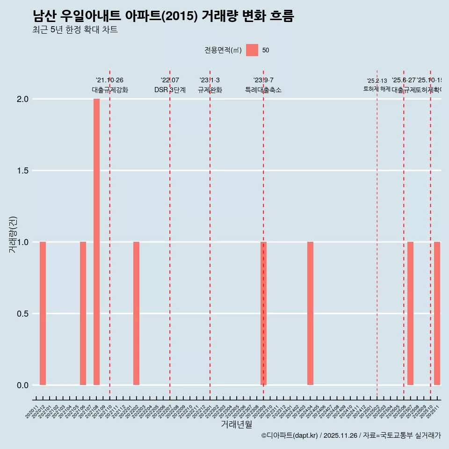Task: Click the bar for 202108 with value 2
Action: pos(96,242)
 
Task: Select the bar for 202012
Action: pos(43,313)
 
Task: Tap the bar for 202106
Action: pos(83,313)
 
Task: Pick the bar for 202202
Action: pos(136,313)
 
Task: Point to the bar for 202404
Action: pos(310,313)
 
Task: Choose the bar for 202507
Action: pos(410,313)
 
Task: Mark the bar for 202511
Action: pos(437,313)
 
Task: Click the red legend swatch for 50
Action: pos(252,50)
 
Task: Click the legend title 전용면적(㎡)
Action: pos(223,50)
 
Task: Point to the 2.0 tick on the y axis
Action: pos(23,99)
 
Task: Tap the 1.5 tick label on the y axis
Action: pos(23,171)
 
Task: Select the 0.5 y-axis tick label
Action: pos(23,314)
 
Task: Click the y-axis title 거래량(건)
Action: pos(13,235)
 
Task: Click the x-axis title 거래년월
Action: pos(236,424)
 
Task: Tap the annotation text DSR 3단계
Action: pos(170,90)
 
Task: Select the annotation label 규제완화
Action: pos(210,90)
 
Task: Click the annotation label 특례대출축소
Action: pos(263,90)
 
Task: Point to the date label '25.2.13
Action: pos(377,81)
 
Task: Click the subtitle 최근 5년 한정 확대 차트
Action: pos(75,30)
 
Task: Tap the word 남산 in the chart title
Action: pos(44,16)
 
